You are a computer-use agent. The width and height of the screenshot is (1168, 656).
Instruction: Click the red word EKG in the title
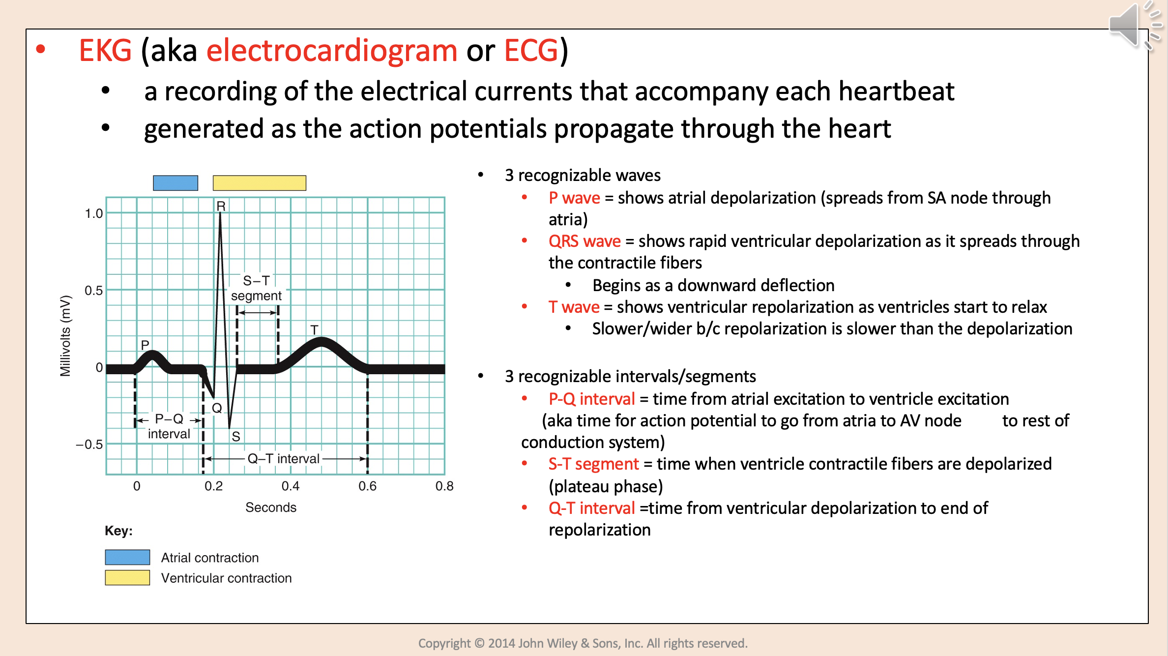pos(105,51)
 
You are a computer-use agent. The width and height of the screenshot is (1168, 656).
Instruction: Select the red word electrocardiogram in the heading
pos(332,51)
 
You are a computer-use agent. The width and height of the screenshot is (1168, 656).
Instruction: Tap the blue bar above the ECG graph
pos(175,183)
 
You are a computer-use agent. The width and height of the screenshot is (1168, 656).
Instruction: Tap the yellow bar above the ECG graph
pos(259,183)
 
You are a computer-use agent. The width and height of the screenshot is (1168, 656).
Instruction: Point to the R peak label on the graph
pos(221,206)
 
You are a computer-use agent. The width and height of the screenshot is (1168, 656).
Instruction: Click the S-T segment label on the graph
pos(256,288)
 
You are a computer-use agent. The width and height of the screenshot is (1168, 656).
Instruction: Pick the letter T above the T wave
pos(315,329)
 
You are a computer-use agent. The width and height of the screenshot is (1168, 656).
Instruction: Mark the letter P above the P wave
pos(145,345)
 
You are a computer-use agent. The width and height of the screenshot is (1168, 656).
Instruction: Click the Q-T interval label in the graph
pos(284,458)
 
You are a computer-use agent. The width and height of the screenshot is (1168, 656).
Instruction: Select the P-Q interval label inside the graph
pos(169,426)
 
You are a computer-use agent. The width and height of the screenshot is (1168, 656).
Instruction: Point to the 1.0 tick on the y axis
pos(93,213)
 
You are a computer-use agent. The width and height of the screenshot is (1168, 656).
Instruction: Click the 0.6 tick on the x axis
pos(367,486)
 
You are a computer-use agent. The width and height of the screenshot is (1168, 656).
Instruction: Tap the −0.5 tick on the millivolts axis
pos(89,445)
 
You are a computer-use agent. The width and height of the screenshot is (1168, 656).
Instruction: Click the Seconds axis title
pos(271,507)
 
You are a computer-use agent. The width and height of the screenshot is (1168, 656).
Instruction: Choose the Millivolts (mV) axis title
pos(65,336)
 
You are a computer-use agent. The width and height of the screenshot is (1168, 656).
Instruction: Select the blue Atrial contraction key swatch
pos(127,557)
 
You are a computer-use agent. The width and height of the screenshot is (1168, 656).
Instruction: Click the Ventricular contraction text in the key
pos(226,578)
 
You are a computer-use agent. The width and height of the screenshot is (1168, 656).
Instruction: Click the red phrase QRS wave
pos(584,241)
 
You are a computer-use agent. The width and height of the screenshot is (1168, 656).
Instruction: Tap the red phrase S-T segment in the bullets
pos(593,464)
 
